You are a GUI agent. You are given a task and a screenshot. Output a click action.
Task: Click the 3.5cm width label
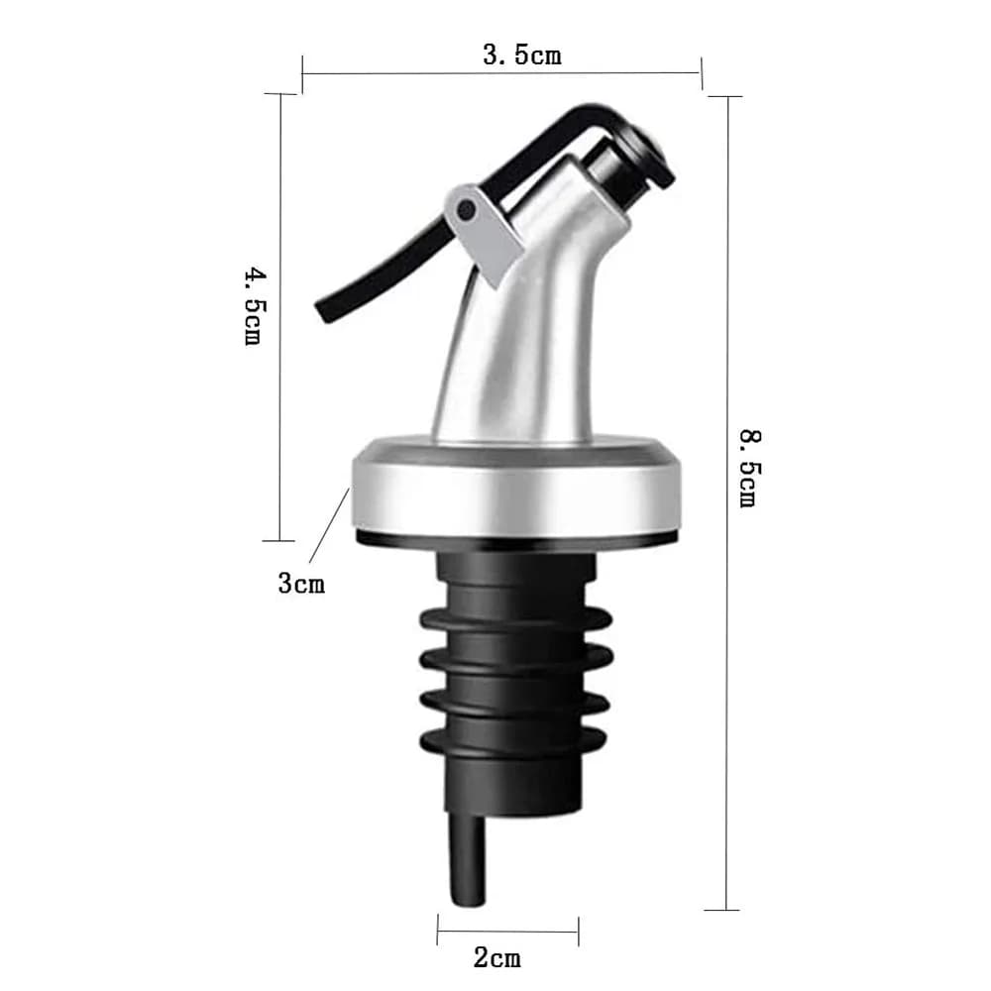coord(522,55)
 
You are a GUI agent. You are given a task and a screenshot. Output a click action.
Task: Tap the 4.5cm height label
coord(256,306)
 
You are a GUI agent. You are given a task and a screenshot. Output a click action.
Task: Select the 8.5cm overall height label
coord(751,469)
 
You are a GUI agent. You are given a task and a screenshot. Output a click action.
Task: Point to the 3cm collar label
coord(301,583)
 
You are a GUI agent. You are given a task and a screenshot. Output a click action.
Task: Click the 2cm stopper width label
coord(497,957)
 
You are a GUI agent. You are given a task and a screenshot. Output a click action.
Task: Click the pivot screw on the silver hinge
coord(467,209)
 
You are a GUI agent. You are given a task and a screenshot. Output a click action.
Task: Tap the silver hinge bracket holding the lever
coord(483,233)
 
